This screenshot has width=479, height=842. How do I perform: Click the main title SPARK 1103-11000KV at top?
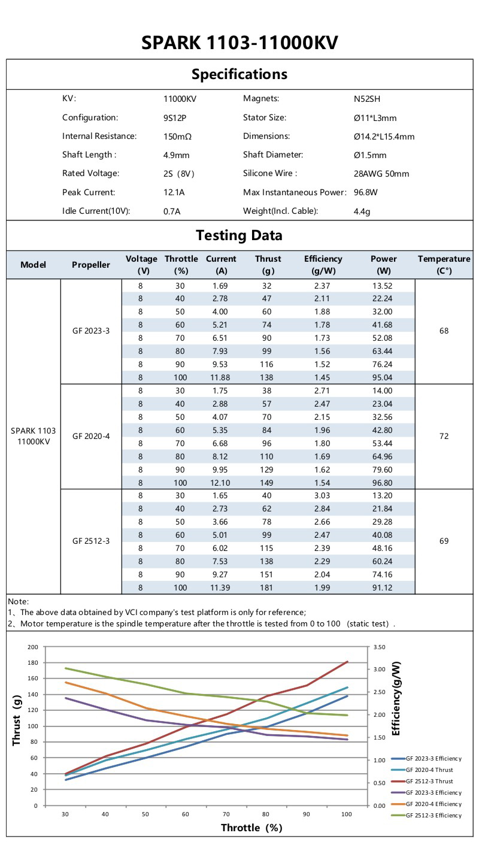pos(239,43)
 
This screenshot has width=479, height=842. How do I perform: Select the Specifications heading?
pos(239,74)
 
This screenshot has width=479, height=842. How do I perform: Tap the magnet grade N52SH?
pos(367,99)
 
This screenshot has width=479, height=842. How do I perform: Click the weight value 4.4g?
pos(362,211)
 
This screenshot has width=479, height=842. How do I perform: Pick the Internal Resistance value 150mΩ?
pos(177,137)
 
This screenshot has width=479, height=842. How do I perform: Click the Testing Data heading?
pos(239,235)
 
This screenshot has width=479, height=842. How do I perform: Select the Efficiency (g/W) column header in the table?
pos(323,264)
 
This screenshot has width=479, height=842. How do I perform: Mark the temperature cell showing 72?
pos(444,436)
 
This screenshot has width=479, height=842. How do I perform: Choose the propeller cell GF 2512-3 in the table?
pos(91,541)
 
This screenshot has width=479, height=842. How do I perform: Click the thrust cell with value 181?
pos(268,587)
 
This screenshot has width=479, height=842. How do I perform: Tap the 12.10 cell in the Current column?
pos(221,483)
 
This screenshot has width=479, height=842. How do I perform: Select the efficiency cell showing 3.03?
pos(322,496)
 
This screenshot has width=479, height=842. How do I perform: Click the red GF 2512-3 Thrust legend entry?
pos(429,782)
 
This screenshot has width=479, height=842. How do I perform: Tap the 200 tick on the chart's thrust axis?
pos(32,647)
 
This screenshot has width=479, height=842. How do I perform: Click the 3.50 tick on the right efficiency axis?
pos(380,647)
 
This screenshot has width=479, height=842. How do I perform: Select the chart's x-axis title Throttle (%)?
pos(251,828)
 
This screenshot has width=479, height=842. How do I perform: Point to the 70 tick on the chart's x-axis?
pos(226,815)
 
